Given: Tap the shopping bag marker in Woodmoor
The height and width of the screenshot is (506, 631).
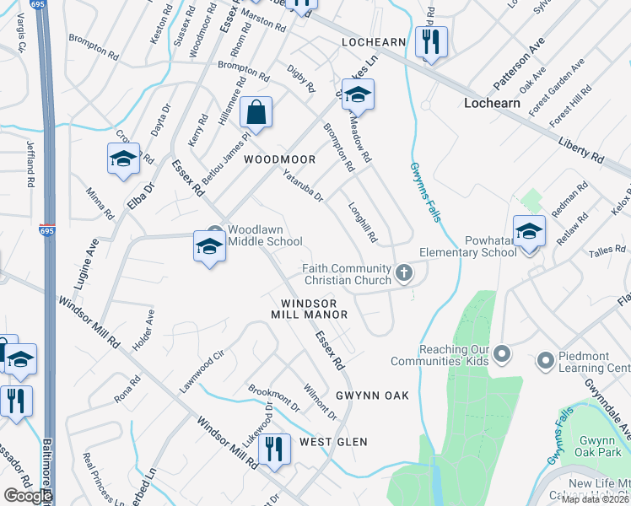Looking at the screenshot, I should tap(256, 112).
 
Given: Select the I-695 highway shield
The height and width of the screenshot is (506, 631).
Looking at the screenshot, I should tap(46, 229).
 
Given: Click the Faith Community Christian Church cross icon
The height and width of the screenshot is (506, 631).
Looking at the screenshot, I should tap(405, 273).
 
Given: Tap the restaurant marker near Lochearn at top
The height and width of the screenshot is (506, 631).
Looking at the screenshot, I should tap(431, 41).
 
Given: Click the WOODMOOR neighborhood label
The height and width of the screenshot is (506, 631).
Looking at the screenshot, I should tap(279, 159).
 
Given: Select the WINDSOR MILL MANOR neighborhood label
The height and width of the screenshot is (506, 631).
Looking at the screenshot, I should tap(309, 309).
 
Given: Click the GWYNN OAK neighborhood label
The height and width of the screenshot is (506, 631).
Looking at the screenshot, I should tap(372, 396).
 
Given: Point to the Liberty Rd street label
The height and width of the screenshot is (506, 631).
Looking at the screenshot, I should tap(581, 146).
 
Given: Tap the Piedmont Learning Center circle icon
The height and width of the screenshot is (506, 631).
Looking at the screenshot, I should tap(545, 361).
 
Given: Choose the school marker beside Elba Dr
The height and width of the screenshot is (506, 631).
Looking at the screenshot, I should tap(123, 159).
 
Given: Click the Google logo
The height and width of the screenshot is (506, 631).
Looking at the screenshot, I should tap(28, 496).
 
